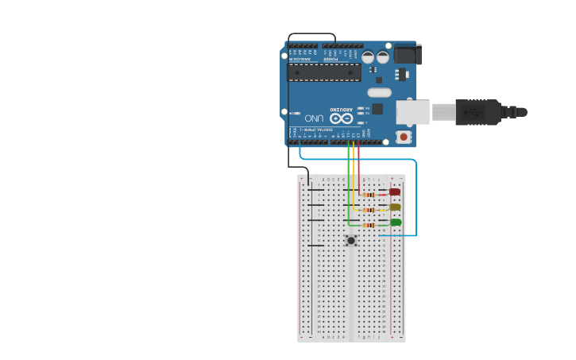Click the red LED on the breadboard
(x=395, y=192)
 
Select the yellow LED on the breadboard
(x=395, y=207)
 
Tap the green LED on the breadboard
(x=396, y=223)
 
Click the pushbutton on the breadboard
(x=351, y=240)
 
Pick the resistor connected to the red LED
(x=369, y=195)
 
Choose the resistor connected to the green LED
(x=369, y=225)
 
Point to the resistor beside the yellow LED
(x=369, y=210)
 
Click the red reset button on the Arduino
(x=404, y=137)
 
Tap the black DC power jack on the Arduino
(x=408, y=54)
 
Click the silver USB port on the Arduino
(x=412, y=112)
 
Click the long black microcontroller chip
(x=324, y=72)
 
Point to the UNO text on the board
(x=314, y=118)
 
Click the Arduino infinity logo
(x=342, y=118)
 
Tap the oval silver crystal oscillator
(x=380, y=92)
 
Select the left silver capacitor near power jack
(x=368, y=57)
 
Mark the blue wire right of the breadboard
(x=416, y=199)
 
